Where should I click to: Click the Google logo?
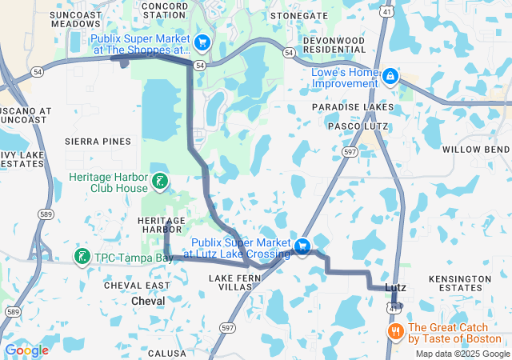[x=26, y=350]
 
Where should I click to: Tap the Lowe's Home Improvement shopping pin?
[x=390, y=76]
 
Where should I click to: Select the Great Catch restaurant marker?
[x=394, y=331]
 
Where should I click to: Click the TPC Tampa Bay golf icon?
[x=82, y=257]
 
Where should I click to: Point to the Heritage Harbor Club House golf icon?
[x=162, y=182]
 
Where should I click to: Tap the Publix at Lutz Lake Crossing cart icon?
[x=302, y=247]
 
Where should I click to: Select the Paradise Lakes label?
[x=353, y=107]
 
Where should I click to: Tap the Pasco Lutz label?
[x=358, y=126]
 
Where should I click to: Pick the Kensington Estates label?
[x=460, y=283]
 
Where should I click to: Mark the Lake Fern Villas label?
[x=230, y=282]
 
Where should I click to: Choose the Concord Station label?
[x=164, y=10]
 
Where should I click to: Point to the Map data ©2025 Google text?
[x=462, y=354]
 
